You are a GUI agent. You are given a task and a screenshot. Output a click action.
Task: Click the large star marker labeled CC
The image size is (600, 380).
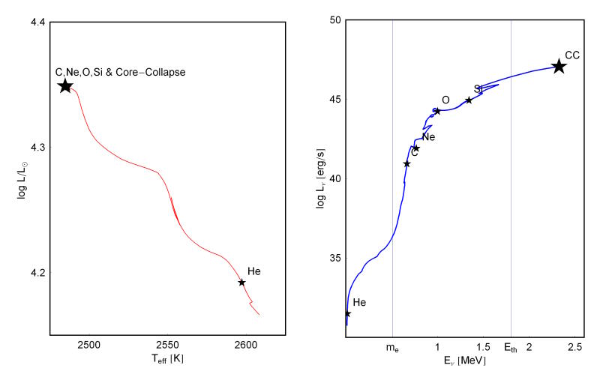click(x=559, y=67)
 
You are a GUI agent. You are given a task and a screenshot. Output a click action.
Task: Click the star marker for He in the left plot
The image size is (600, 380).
click(x=241, y=283)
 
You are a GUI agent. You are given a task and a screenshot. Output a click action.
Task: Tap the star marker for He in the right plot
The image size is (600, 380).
click(x=347, y=314)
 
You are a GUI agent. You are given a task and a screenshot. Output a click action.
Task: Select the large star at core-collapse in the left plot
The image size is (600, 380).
click(x=65, y=85)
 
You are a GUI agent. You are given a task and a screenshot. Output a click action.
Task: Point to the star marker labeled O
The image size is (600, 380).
click(x=437, y=112)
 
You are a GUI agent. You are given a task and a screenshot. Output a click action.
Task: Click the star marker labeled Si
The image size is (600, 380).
click(x=469, y=100)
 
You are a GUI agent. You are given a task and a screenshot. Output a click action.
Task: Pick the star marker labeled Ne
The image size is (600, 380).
click(x=415, y=148)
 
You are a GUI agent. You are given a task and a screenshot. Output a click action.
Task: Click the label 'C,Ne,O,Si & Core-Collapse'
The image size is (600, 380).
click(x=120, y=72)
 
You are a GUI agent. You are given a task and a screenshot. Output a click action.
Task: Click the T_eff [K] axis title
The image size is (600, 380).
click(x=166, y=360)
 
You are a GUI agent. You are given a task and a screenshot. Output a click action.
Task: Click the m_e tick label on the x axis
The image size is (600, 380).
click(x=392, y=347)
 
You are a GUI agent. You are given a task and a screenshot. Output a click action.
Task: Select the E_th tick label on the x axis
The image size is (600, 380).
click(x=510, y=347)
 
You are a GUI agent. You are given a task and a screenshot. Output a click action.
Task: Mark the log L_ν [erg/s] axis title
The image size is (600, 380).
click(x=316, y=179)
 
